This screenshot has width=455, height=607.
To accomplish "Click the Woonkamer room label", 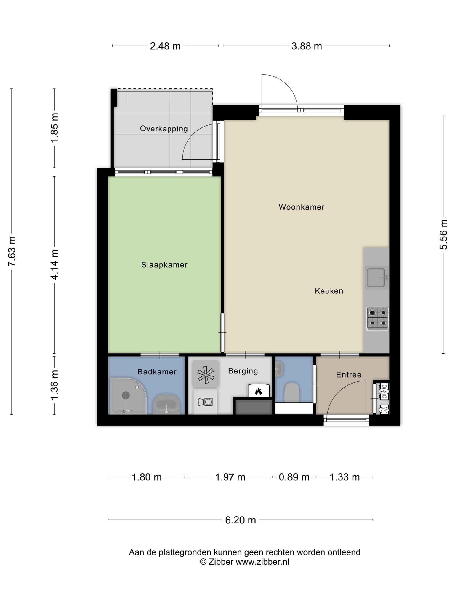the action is coord(302,207).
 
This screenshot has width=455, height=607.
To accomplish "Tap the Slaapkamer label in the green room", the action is coord(164,265).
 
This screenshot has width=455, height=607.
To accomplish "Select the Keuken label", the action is coord(329,291).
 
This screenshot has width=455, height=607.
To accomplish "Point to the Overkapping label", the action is coord(164,129).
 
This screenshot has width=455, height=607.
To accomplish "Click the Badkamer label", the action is coord(157,372).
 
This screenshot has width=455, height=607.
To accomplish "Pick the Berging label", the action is coord(243,371).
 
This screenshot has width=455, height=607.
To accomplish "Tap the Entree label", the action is coord(349,375).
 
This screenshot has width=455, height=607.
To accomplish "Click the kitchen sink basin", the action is coord(377,277).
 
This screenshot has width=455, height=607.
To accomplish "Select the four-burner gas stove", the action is coord(378,319).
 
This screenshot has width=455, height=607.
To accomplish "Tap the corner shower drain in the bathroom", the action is coord(126,395).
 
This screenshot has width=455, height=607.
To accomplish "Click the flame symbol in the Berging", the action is coord(259,392).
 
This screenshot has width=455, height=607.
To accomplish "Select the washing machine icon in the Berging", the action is coord(205,402).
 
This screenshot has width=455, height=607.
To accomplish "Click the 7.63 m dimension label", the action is coord(12,251).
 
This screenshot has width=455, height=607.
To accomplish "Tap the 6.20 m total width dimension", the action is coord(241,520).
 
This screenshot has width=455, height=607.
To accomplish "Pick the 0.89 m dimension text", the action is coord(294,477).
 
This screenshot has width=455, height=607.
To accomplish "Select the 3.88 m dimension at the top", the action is coord(307,46).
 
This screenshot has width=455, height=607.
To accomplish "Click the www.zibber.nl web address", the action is coord(262,562).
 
